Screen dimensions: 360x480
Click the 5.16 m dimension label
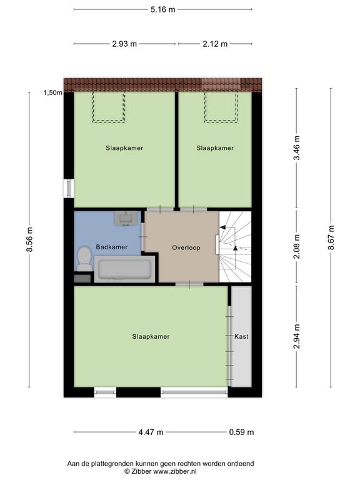coord(162,9)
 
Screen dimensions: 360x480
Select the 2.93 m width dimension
coord(124,44)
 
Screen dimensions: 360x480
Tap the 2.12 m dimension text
coord(215,44)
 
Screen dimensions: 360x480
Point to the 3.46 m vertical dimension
coord(296,147)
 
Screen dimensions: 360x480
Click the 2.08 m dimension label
coord(296,246)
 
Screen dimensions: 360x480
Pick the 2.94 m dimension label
coord(296,336)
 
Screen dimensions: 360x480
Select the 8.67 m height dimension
coord(331,237)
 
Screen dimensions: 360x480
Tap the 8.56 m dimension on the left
coord(29,239)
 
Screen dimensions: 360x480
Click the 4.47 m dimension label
coord(151,432)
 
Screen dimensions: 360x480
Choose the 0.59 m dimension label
coord(241,432)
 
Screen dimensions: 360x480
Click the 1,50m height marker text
coord(52,92)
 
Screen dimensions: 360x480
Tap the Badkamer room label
coord(112,247)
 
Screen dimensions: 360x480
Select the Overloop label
coord(186,247)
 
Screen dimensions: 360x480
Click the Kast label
coord(241,336)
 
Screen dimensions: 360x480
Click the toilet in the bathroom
coord(84,259)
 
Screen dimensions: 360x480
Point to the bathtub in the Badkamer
coord(124,269)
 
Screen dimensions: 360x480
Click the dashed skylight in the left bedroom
coord(109,107)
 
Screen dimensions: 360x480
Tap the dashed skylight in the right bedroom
coord(221,107)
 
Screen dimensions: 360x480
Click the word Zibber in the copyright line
coord(141,471)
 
